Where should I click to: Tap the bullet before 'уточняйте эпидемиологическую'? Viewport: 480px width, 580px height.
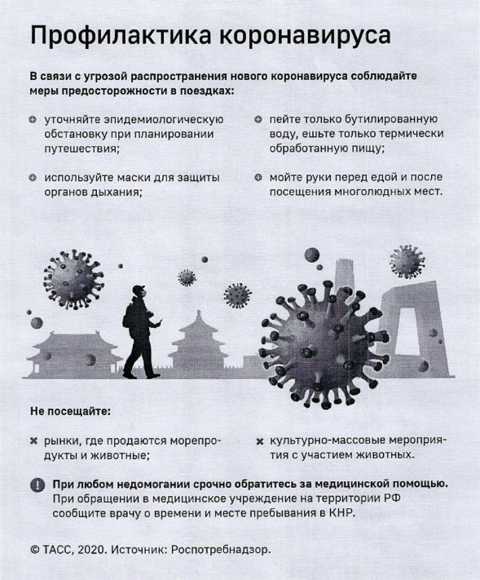[33, 120]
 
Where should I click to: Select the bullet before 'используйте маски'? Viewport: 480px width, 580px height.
[33, 178]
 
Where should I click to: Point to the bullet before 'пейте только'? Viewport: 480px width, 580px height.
[258, 119]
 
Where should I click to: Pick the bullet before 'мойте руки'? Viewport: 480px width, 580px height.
[258, 178]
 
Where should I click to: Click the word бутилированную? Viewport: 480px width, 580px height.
[391, 119]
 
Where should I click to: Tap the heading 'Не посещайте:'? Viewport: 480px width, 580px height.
[70, 411]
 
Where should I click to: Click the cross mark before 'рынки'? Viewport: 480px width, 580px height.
[33, 441]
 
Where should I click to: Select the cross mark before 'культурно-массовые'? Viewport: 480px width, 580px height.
[260, 441]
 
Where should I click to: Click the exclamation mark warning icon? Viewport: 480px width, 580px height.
[37, 485]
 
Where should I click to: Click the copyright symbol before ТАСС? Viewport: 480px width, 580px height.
[35, 550]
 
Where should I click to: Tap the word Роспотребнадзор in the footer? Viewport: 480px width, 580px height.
[221, 551]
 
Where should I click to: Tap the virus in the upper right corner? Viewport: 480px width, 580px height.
[407, 261]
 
